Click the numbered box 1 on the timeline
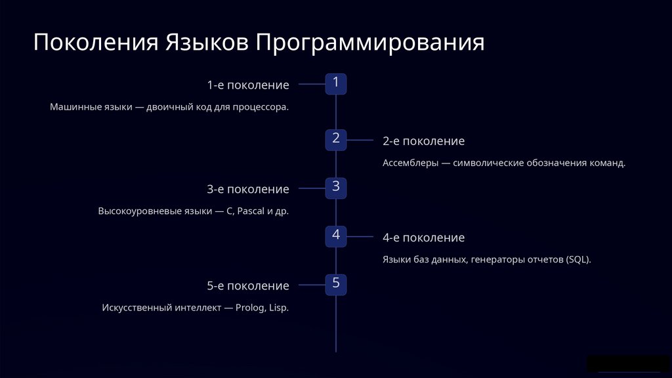[x=336, y=84]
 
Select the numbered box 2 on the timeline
[x=336, y=139]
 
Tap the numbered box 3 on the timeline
[x=336, y=188]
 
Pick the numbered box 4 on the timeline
[x=336, y=236]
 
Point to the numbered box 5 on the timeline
[x=336, y=285]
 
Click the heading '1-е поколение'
[x=247, y=85]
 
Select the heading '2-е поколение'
[x=423, y=141]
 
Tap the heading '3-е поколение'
[x=247, y=190]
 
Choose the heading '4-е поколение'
[x=423, y=238]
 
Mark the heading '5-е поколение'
[x=247, y=286]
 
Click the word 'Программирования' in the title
[x=370, y=43]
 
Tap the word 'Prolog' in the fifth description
[x=249, y=308]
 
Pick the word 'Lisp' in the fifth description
[x=278, y=308]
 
